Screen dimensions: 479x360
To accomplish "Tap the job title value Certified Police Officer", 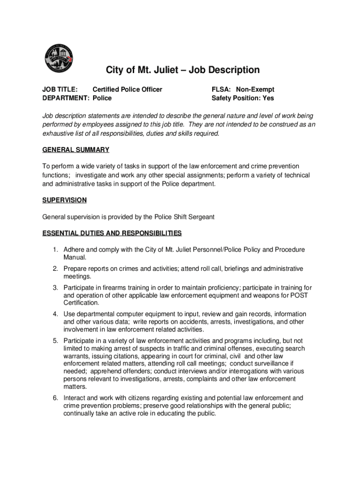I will pos(127,89).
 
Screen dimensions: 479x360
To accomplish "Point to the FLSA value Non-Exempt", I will pos(255,89).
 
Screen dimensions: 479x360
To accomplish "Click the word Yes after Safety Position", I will pos(268,98).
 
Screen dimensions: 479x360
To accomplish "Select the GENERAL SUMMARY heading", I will pos(76,150).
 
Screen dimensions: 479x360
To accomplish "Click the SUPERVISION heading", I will pos(65,200).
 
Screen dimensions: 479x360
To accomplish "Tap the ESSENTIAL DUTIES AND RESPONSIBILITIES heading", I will pos(112,233).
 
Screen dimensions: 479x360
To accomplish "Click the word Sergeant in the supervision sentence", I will pos(200,217).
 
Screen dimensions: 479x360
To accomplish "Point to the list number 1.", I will pos(55,250).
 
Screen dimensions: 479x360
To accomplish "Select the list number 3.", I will pos(55,288).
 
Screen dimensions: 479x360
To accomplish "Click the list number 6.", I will pos(55,398).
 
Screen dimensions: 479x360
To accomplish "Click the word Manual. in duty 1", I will pos(75,257).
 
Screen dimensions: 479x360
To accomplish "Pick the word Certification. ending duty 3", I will pos(81,303).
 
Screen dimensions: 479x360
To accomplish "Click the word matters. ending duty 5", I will pos(75,387).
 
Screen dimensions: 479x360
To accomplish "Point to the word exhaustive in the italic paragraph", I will pos(58,133).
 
